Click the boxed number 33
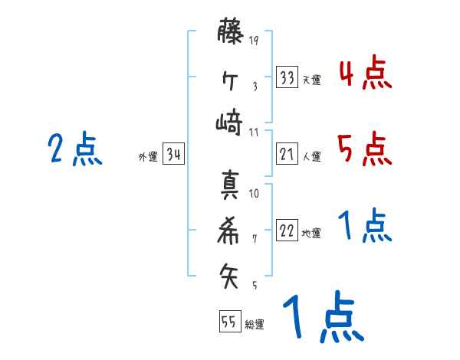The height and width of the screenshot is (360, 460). pos(287,77)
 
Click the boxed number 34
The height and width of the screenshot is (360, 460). pos(173,155)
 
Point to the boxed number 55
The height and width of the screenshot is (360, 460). pos(228,322)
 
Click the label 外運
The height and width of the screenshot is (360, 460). pos(147,156)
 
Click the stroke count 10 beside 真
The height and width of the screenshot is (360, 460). pos(254,193)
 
